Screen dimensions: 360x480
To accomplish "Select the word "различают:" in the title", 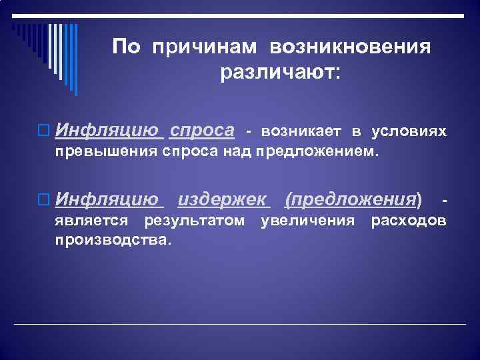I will point(280,72).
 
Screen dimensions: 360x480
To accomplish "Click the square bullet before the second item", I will point(45,199).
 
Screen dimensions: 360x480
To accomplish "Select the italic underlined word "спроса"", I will point(202,129).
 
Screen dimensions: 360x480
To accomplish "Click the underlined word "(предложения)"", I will point(353,199).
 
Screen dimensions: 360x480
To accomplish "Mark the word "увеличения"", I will point(307,221).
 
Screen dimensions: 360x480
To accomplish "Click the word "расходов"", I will point(409,221).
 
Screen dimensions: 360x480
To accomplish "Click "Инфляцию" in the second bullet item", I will point(107,199).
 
